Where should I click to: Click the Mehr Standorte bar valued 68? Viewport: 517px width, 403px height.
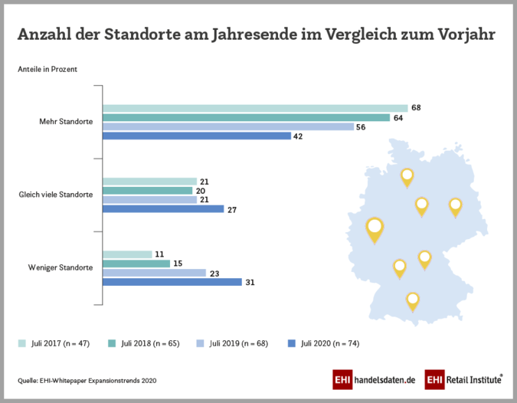coord(255,108)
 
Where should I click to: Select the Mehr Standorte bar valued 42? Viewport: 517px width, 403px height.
coord(197,136)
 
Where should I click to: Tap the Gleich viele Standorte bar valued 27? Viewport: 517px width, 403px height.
coord(163,208)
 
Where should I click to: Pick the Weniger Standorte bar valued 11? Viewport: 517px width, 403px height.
coord(127,254)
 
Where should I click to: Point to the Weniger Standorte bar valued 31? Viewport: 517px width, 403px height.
coord(172,282)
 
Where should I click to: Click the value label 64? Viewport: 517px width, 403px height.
coord(398,117)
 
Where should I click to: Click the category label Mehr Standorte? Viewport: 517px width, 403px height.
coord(67,122)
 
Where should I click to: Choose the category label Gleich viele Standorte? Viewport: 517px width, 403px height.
coord(56,195)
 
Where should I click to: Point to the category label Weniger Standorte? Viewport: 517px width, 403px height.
coord(61,268)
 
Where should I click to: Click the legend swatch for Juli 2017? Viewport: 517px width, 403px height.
coord(21,343)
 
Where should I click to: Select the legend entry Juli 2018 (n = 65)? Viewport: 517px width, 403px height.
coord(145,343)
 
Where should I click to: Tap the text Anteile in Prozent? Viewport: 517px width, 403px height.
coord(47,70)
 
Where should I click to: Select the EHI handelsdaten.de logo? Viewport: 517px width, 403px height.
coord(373,379)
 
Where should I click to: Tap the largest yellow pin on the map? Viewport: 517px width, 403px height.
coord(374,228)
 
